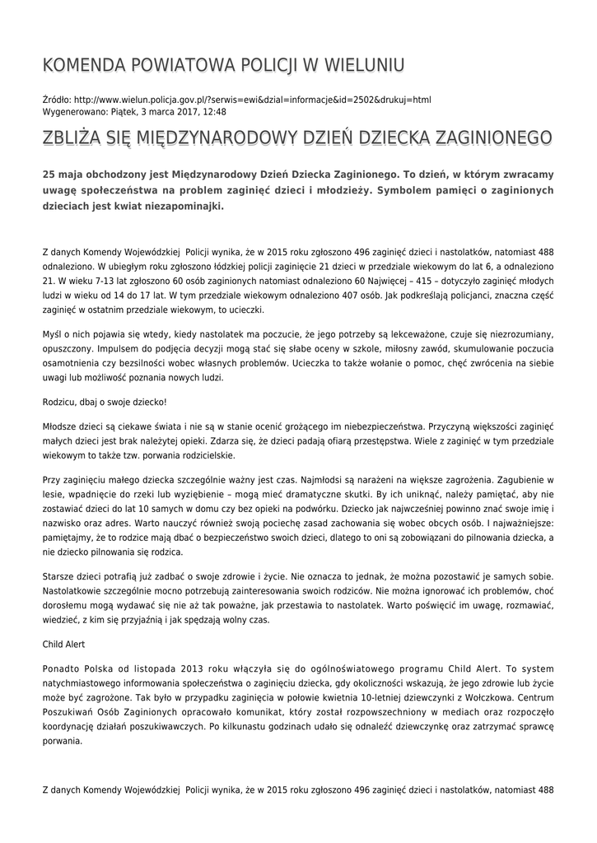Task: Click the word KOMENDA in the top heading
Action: click(79, 65)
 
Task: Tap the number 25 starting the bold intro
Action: click(49, 175)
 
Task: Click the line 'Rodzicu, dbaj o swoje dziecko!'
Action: click(104, 403)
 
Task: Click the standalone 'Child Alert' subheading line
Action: click(63, 643)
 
